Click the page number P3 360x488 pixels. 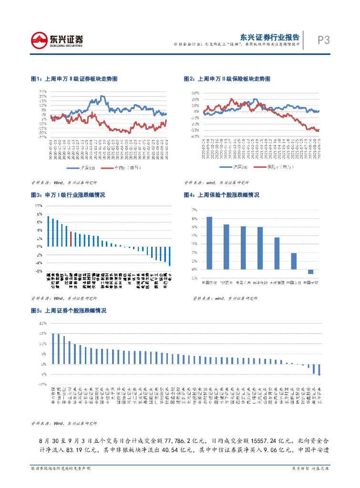pyautogui.click(x=323, y=41)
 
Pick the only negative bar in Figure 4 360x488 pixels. pyautogui.click(x=310, y=272)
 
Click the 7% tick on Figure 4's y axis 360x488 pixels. pyautogui.click(x=194, y=210)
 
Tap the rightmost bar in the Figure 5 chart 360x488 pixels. pyautogui.click(x=319, y=369)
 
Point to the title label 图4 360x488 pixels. pyautogui.click(x=189, y=195)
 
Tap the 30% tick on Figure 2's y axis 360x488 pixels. pyautogui.click(x=195, y=93)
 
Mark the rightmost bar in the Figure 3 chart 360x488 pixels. pyautogui.click(x=169, y=256)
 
